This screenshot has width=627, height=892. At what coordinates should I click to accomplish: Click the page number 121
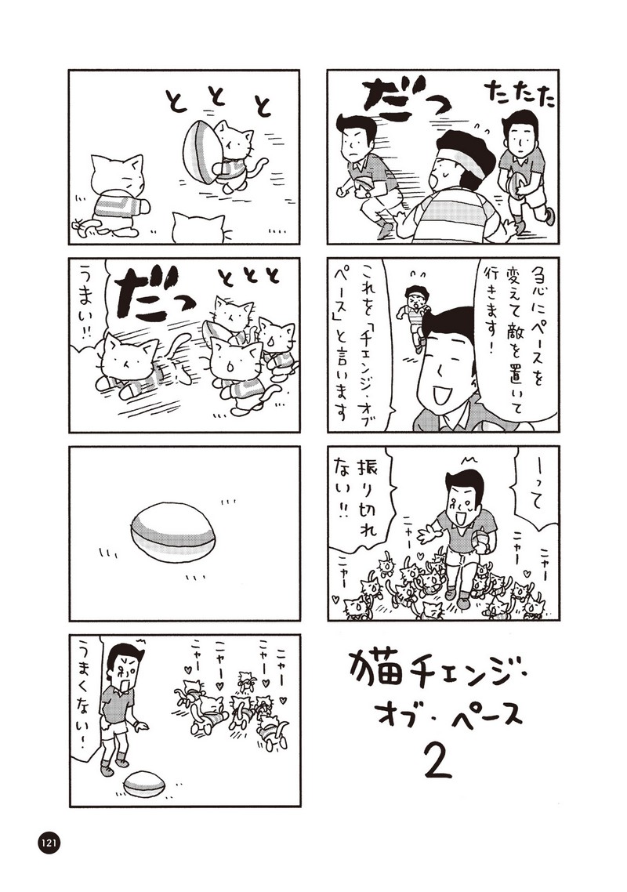click(x=49, y=843)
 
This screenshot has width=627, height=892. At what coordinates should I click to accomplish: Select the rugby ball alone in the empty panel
click(x=173, y=532)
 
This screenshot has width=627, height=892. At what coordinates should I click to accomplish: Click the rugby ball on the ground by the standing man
click(x=144, y=783)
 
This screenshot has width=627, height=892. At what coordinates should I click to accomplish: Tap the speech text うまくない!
click(x=85, y=696)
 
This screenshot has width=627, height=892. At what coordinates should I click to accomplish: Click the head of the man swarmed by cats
click(x=462, y=495)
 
